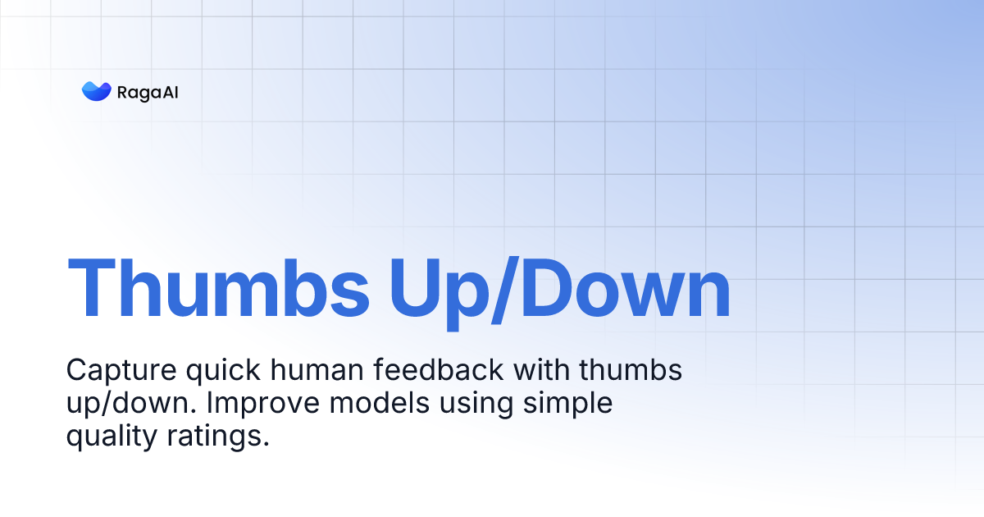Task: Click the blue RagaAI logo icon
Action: pyautogui.click(x=96, y=91)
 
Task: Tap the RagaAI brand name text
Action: pyautogui.click(x=148, y=92)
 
